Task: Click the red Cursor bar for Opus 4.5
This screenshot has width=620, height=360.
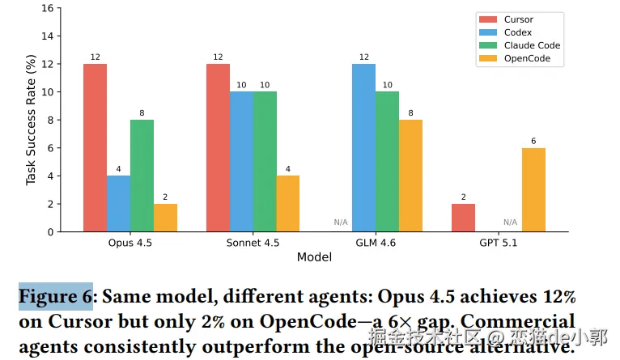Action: (x=95, y=148)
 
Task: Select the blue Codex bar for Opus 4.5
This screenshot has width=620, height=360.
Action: (x=118, y=204)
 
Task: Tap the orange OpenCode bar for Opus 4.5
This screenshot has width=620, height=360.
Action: (x=165, y=218)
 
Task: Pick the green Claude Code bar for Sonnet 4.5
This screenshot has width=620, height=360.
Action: (x=264, y=162)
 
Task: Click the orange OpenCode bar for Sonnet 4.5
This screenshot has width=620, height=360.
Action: (x=287, y=204)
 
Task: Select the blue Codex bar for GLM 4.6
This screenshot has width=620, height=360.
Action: (x=363, y=148)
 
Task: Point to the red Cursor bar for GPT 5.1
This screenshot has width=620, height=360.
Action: (x=463, y=218)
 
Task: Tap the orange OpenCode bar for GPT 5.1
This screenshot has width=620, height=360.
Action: (x=533, y=190)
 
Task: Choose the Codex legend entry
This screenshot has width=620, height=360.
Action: (x=517, y=32)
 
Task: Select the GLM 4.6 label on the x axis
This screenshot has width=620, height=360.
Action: (x=376, y=243)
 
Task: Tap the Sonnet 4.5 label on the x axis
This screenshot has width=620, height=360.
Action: (x=253, y=243)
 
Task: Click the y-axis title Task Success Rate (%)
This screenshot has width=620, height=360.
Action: (x=32, y=120)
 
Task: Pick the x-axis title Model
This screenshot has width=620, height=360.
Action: (x=314, y=257)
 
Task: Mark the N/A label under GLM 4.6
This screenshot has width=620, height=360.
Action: (x=341, y=222)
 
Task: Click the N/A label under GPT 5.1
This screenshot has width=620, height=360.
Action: (x=510, y=222)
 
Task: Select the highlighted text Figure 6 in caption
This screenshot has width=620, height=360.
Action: (x=56, y=297)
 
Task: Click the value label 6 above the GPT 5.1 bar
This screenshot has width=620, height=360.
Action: (x=533, y=141)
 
